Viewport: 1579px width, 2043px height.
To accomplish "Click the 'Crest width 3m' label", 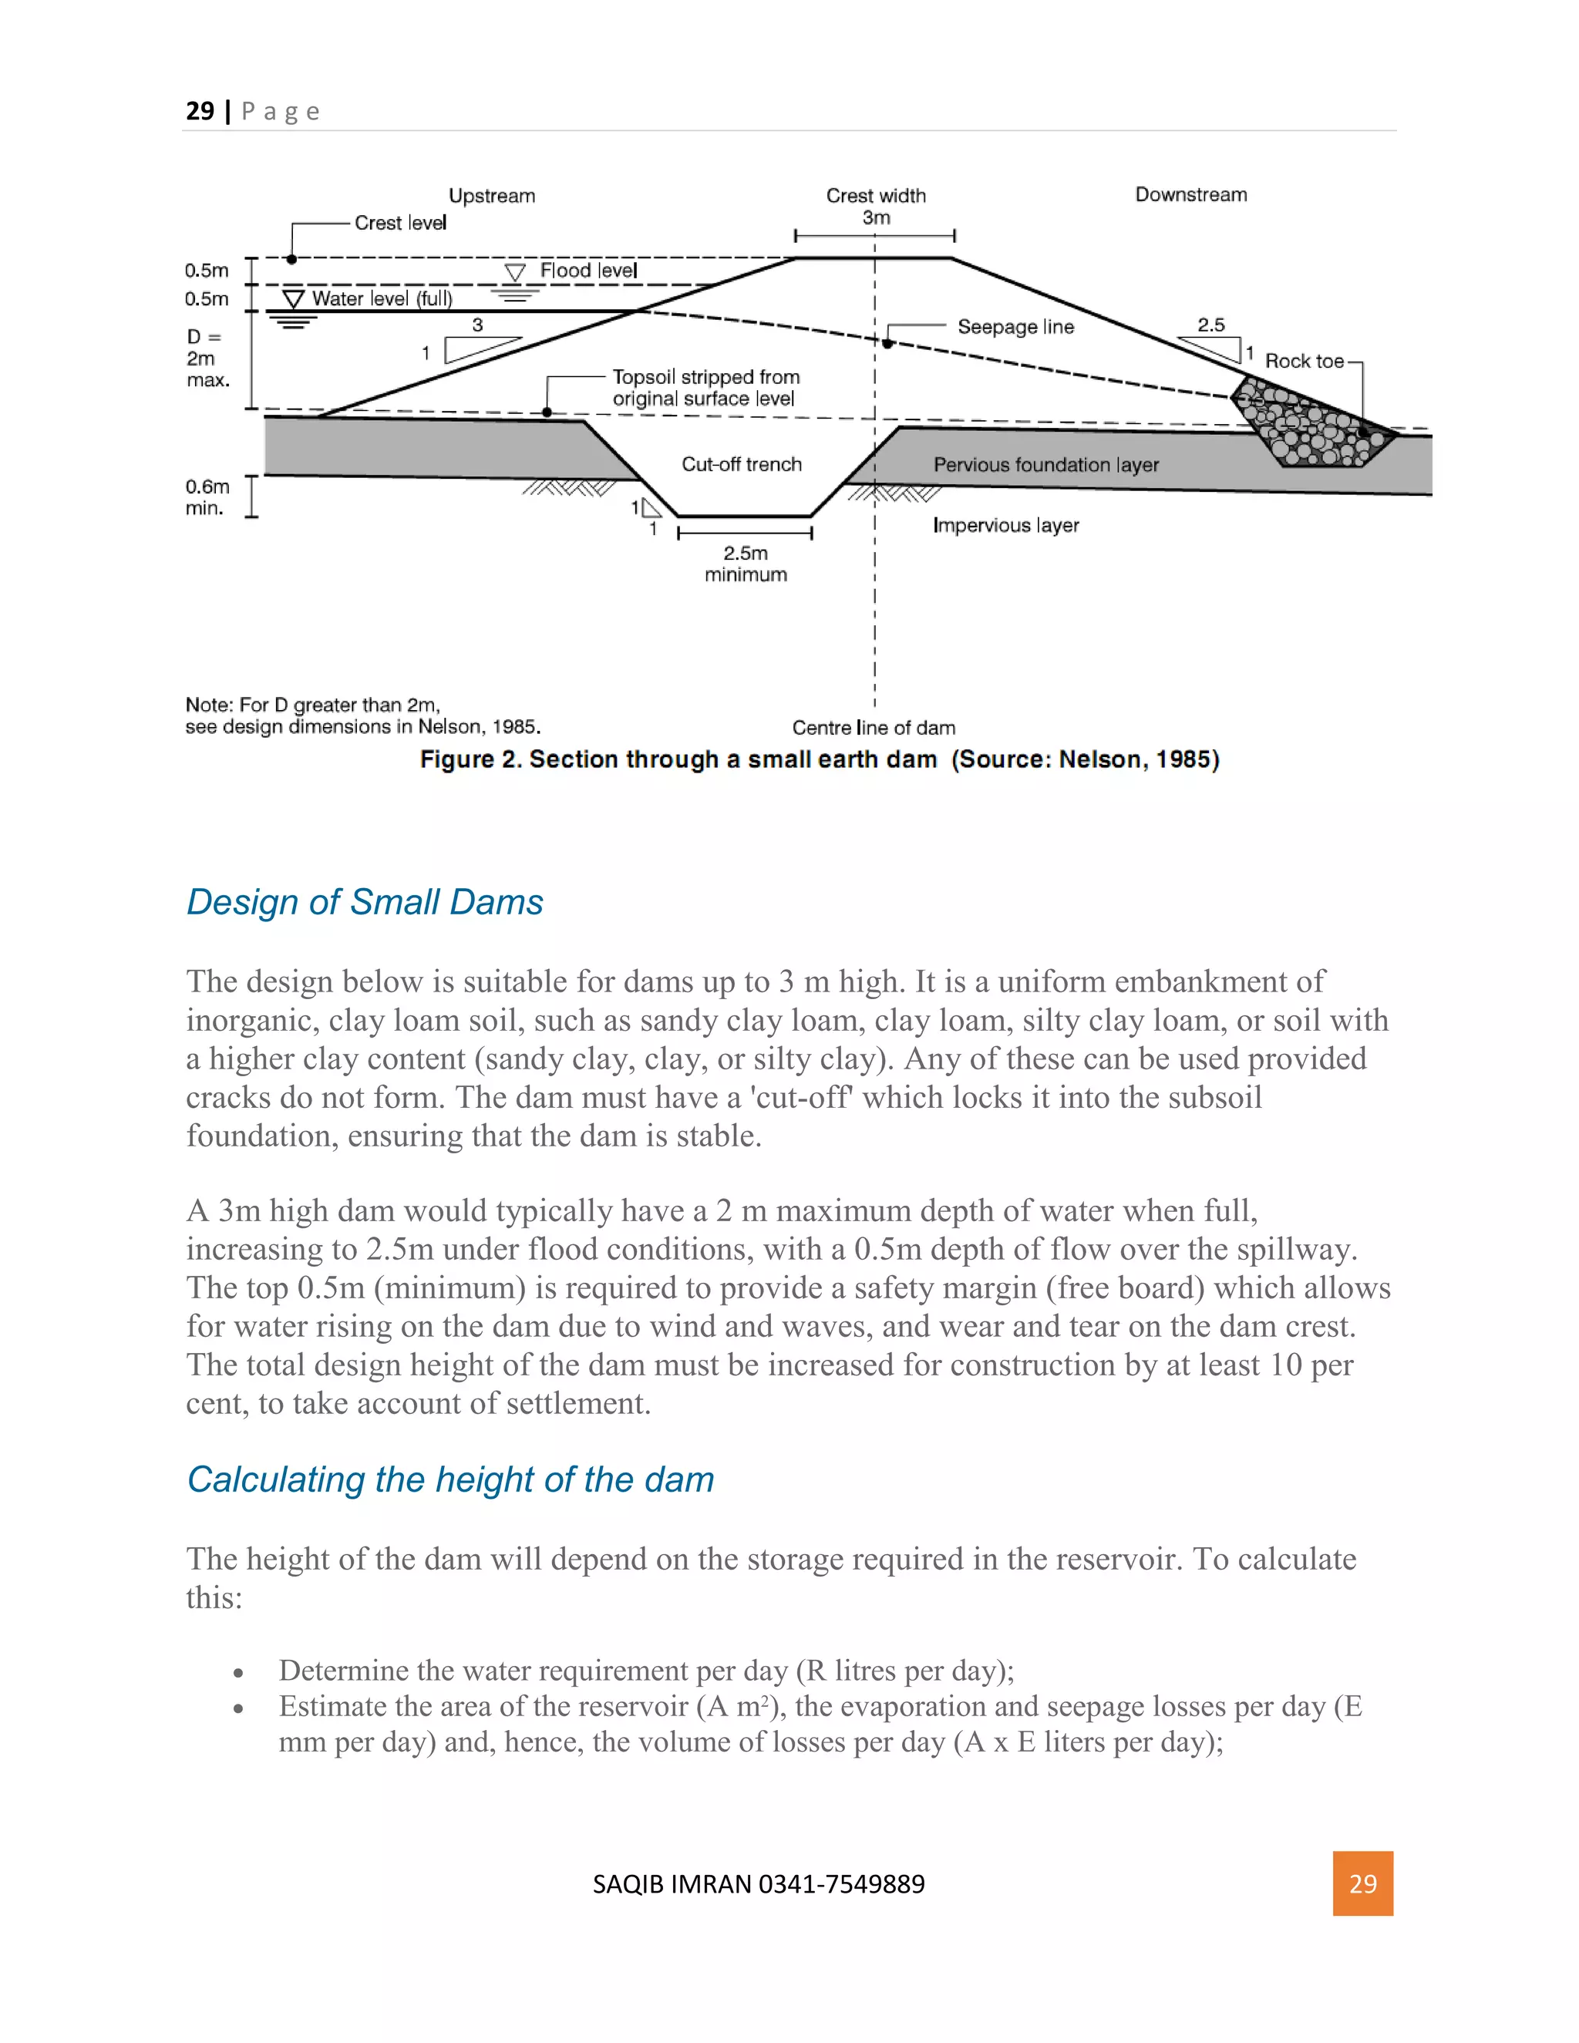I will pyautogui.click(x=876, y=206).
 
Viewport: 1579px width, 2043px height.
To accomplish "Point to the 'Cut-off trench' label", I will pyautogui.click(x=741, y=464).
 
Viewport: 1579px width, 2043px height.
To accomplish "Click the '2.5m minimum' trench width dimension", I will pyautogui.click(x=746, y=563).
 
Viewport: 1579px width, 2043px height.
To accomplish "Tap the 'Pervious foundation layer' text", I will pyautogui.click(x=1045, y=465).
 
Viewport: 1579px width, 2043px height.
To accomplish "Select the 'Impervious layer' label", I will pyautogui.click(x=1005, y=525).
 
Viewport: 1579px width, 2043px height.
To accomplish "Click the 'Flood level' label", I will pyautogui.click(x=587, y=271).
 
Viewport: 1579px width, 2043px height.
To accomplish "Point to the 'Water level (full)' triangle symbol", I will pyautogui.click(x=294, y=299).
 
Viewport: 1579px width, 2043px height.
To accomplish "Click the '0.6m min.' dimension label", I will pyautogui.click(x=207, y=496).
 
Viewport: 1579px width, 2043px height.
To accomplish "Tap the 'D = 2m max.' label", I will pyautogui.click(x=206, y=358).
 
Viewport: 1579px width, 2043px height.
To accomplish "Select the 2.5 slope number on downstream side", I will pyautogui.click(x=1210, y=325).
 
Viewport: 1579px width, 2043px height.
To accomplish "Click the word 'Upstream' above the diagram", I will pyautogui.click(x=492, y=196).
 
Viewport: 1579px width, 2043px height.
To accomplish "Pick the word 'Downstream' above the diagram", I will pyautogui.click(x=1190, y=194).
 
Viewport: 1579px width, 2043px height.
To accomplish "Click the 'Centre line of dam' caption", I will pyautogui.click(x=873, y=727).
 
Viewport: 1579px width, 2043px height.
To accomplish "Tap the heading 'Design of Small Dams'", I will pyautogui.click(x=365, y=902).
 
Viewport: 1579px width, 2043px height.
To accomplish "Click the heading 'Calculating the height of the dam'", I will pyautogui.click(x=450, y=1479).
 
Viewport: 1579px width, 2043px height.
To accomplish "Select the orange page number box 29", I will pyautogui.click(x=1362, y=1883).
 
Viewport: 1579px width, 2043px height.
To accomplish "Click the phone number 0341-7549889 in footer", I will pyautogui.click(x=841, y=1883).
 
